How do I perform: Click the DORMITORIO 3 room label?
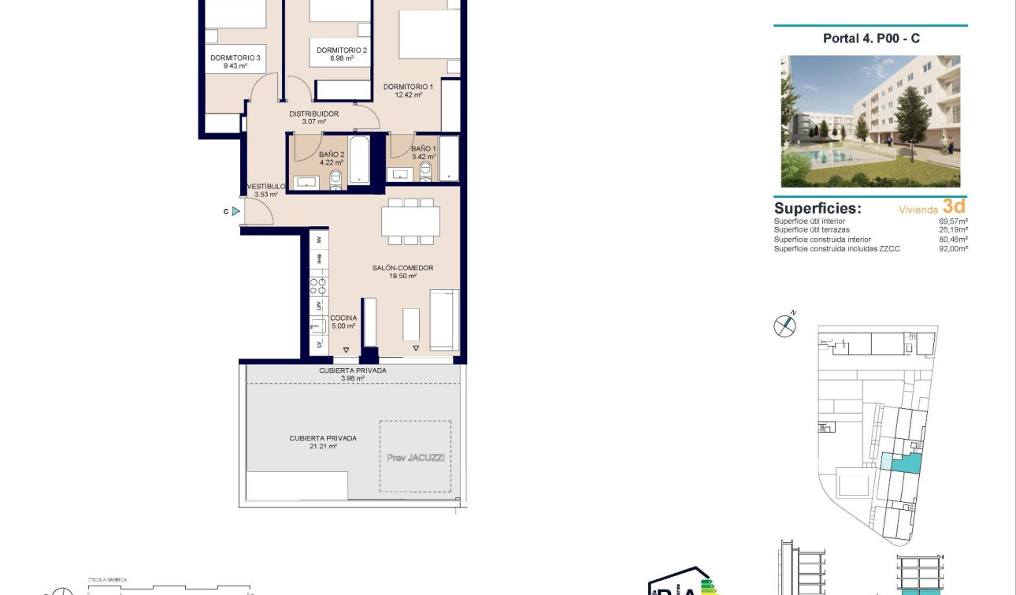click(x=235, y=58)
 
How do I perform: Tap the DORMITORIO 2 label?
click(x=342, y=50)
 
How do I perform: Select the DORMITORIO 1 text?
click(x=408, y=87)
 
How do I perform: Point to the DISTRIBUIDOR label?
click(x=313, y=113)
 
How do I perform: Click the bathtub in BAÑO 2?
click(x=359, y=160)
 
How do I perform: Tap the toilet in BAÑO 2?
click(x=336, y=179)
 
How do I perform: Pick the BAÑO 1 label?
click(x=423, y=148)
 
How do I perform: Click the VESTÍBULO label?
click(x=267, y=187)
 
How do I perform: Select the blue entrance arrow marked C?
click(x=235, y=211)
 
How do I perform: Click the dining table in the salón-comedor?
click(x=410, y=221)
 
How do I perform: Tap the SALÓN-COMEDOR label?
click(x=402, y=268)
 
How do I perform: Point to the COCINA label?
click(x=343, y=318)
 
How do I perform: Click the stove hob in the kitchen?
click(x=318, y=281)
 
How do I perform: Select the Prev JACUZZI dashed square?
click(x=416, y=456)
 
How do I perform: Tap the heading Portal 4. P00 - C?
click(x=871, y=38)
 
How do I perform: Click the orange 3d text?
click(x=954, y=206)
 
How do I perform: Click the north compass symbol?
click(x=784, y=325)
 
